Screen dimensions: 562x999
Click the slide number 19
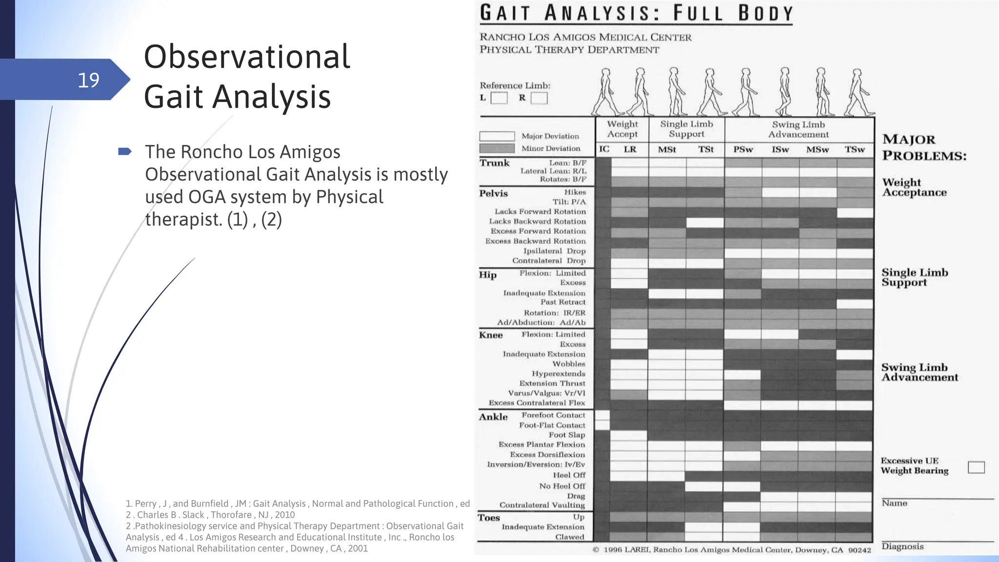tap(88, 80)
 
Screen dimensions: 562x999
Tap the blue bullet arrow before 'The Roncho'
tap(125, 152)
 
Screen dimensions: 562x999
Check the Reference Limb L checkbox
tap(499, 98)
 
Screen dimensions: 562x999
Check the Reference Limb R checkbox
tap(539, 98)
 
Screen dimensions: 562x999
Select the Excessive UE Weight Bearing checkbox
tap(976, 467)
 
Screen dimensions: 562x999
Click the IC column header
tap(604, 149)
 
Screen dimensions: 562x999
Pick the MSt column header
tap(667, 149)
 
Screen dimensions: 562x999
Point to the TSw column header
tap(855, 149)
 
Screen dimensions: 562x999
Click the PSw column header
tap(743, 149)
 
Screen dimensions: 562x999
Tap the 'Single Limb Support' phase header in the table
tap(686, 129)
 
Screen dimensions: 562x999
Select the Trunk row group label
tap(494, 163)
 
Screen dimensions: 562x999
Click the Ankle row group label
tap(493, 417)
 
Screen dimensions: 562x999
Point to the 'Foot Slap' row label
tap(567, 435)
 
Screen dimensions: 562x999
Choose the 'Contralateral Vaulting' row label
tap(542, 505)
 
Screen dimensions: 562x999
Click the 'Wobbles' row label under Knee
tap(569, 364)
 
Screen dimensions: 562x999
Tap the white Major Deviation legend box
tap(497, 136)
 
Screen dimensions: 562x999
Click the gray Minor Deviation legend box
tap(497, 148)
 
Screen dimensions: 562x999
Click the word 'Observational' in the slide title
tap(247, 57)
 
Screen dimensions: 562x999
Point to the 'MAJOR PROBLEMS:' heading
tap(924, 147)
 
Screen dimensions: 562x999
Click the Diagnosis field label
tap(902, 546)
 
